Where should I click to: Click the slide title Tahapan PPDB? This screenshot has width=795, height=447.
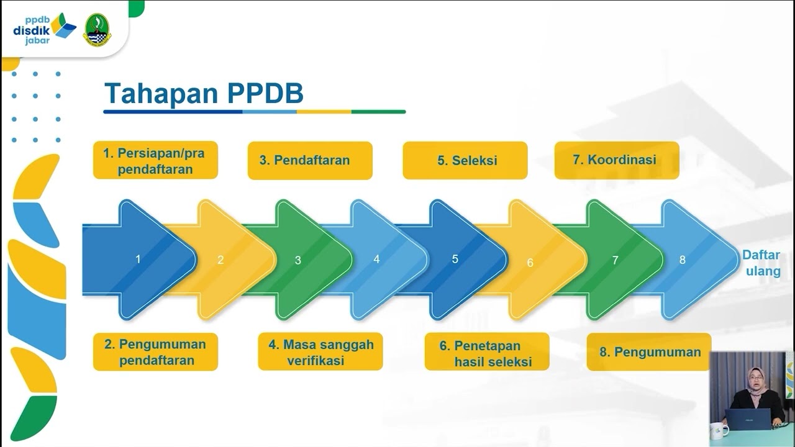pyautogui.click(x=204, y=93)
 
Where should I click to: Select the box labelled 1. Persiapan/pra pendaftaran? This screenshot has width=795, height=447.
pyautogui.click(x=155, y=160)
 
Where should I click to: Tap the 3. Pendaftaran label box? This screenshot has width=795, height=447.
pyautogui.click(x=310, y=160)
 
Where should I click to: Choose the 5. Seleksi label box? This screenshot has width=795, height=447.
pyautogui.click(x=465, y=160)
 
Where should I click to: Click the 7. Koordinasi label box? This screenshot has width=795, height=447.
pyautogui.click(x=616, y=160)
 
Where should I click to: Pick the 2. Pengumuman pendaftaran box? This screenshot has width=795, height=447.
pyautogui.click(x=155, y=351)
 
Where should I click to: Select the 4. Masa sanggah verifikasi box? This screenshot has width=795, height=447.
pyautogui.click(x=320, y=351)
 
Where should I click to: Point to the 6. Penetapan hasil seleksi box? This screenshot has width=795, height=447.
pyautogui.click(x=487, y=351)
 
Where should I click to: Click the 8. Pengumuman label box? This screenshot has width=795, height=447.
pyautogui.click(x=649, y=351)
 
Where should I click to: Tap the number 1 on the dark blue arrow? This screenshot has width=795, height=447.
pyautogui.click(x=138, y=259)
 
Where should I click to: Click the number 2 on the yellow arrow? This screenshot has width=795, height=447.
pyautogui.click(x=220, y=260)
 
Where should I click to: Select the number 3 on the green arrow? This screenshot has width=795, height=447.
pyautogui.click(x=298, y=261)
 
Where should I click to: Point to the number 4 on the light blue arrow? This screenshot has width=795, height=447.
pyautogui.click(x=376, y=260)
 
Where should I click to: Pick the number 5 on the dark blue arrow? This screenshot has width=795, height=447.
pyautogui.click(x=455, y=259)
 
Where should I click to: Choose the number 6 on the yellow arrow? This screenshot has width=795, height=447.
pyautogui.click(x=530, y=263)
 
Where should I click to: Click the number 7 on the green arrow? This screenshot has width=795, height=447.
pyautogui.click(x=615, y=260)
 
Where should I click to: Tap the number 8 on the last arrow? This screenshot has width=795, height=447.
pyautogui.click(x=682, y=260)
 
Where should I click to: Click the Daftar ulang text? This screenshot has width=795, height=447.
pyautogui.click(x=761, y=263)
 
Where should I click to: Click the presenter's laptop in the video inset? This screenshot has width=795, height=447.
pyautogui.click(x=748, y=419)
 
